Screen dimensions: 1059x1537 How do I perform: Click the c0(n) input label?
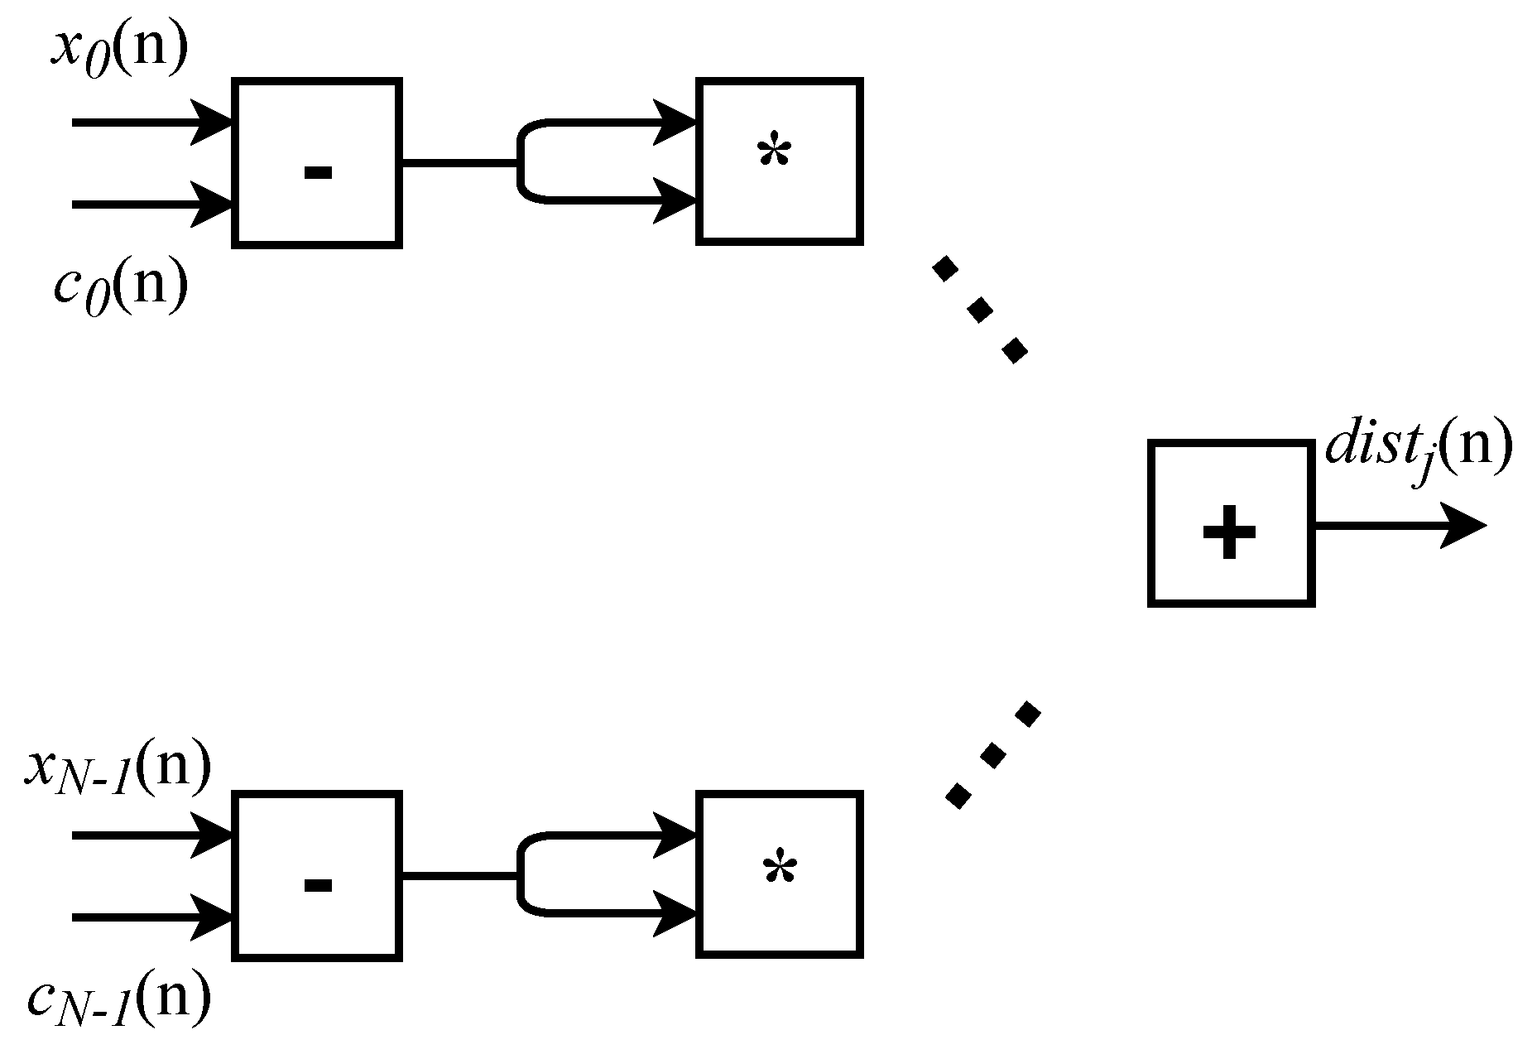coord(120,287)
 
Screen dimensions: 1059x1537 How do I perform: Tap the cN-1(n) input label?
coord(118,999)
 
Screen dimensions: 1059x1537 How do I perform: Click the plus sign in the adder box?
coord(1229,532)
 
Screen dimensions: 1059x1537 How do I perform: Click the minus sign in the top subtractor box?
coord(318,172)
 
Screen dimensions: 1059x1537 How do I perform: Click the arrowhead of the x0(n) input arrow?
coord(213,123)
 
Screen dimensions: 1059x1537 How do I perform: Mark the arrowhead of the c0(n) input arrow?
coord(213,204)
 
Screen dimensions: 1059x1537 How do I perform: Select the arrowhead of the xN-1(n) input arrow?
coord(213,835)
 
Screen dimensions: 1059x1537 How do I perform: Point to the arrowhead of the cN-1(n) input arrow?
coord(213,917)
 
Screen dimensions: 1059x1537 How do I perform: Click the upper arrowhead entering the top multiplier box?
coord(675,123)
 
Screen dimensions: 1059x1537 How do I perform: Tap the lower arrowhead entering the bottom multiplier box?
coord(675,915)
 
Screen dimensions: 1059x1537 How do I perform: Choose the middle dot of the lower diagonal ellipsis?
coord(993,755)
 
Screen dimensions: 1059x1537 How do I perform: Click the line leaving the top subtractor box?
coord(459,163)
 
